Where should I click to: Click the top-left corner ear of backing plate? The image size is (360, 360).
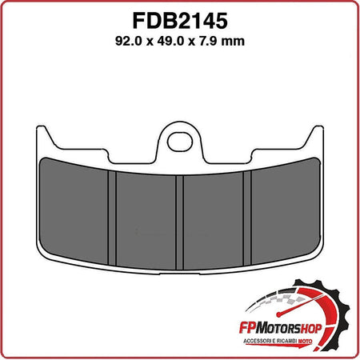(45, 134)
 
